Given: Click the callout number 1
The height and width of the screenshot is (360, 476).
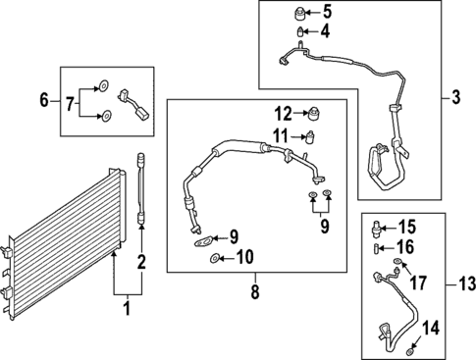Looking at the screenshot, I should click(x=125, y=310).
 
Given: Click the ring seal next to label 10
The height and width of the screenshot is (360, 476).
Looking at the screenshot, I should click(x=214, y=259).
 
